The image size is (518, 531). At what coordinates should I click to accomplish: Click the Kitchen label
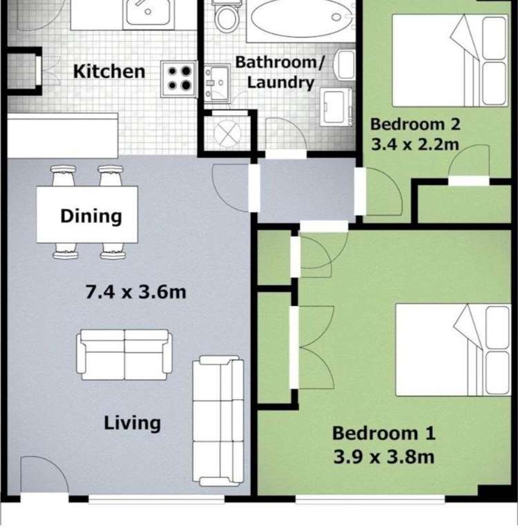pyautogui.click(x=109, y=71)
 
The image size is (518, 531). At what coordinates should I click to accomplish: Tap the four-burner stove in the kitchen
pyautogui.click(x=179, y=79)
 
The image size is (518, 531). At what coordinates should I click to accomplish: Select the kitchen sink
pyautogui.click(x=147, y=14)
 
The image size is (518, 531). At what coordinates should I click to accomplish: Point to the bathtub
pyautogui.click(x=300, y=19)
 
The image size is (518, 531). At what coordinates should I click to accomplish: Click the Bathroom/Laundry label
pyautogui.click(x=280, y=73)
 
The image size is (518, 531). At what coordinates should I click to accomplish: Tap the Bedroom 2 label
pyautogui.click(x=415, y=124)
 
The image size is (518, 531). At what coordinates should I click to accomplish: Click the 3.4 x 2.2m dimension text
pyautogui.click(x=415, y=145)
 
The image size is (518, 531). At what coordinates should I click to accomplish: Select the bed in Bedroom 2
pyautogui.click(x=450, y=60)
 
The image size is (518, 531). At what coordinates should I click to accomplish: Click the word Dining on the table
pyautogui.click(x=90, y=216)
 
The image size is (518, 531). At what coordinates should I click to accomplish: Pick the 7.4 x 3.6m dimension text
pyautogui.click(x=135, y=292)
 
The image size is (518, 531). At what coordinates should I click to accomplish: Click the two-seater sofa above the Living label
pyautogui.click(x=124, y=354)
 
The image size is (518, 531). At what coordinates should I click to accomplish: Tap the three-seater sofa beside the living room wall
pyautogui.click(x=218, y=421)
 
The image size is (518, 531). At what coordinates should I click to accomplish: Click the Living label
pyautogui.click(x=132, y=423)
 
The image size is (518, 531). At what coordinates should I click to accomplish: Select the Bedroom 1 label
pyautogui.click(x=384, y=433)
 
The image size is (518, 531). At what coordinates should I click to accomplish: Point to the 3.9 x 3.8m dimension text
pyautogui.click(x=384, y=456)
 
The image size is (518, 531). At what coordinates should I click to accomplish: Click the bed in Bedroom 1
pyautogui.click(x=453, y=350)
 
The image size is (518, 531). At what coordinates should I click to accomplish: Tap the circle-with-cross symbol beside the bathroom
pyautogui.click(x=228, y=133)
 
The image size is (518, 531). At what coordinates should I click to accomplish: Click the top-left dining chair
pyautogui.click(x=64, y=176)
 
